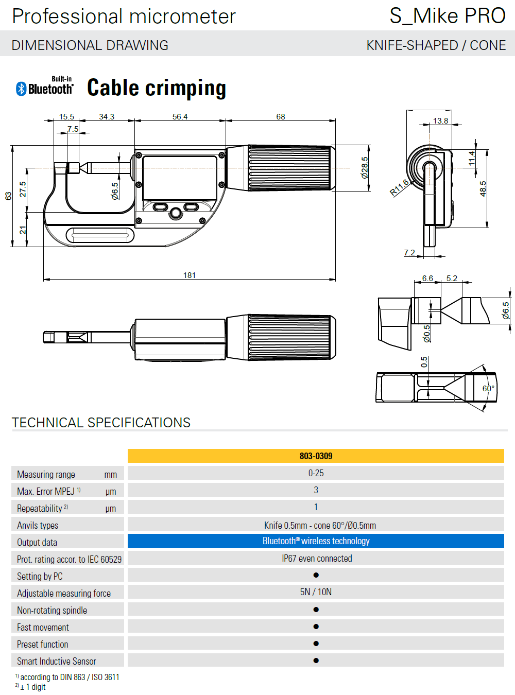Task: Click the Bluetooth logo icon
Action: click(x=21, y=89)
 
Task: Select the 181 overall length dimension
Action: click(x=190, y=275)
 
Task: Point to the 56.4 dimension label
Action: click(x=180, y=117)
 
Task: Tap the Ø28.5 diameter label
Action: click(x=365, y=168)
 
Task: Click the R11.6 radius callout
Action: click(x=400, y=187)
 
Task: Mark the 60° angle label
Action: click(x=488, y=389)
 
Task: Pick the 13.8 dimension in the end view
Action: click(x=440, y=121)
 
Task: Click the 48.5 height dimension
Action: click(x=483, y=188)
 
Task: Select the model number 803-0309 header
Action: click(x=316, y=456)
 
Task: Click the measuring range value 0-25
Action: click(x=316, y=473)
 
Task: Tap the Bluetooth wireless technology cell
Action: click(x=316, y=541)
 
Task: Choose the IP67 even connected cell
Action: click(x=317, y=559)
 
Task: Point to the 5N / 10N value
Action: click(x=316, y=592)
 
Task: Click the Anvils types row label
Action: click(x=38, y=526)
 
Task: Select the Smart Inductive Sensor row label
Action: click(x=57, y=662)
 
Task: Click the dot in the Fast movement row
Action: click(x=316, y=627)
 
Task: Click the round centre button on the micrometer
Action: click(x=176, y=213)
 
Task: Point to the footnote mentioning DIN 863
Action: click(x=69, y=677)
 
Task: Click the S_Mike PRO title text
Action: click(x=448, y=16)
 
